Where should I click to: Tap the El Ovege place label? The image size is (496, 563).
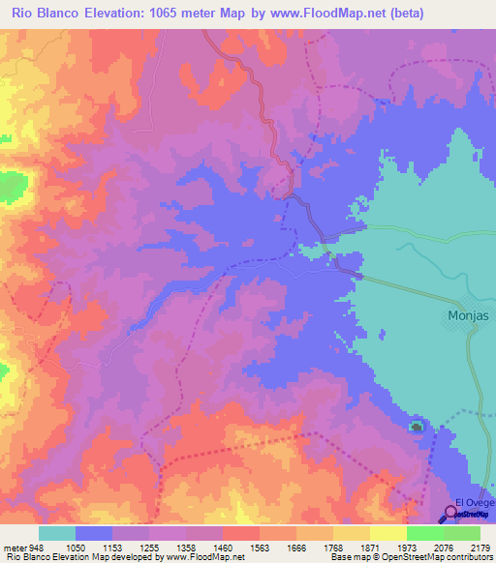pyautogui.click(x=475, y=502)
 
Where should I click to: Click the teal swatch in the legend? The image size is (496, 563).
pyautogui.click(x=56, y=533)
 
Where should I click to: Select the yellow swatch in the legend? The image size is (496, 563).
pyautogui.click(x=387, y=533)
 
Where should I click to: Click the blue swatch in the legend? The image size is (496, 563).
pyautogui.click(x=94, y=533)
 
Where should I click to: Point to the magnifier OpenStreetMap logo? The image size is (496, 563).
pyautogui.click(x=451, y=515)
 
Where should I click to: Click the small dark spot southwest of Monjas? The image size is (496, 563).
pyautogui.click(x=417, y=427)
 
